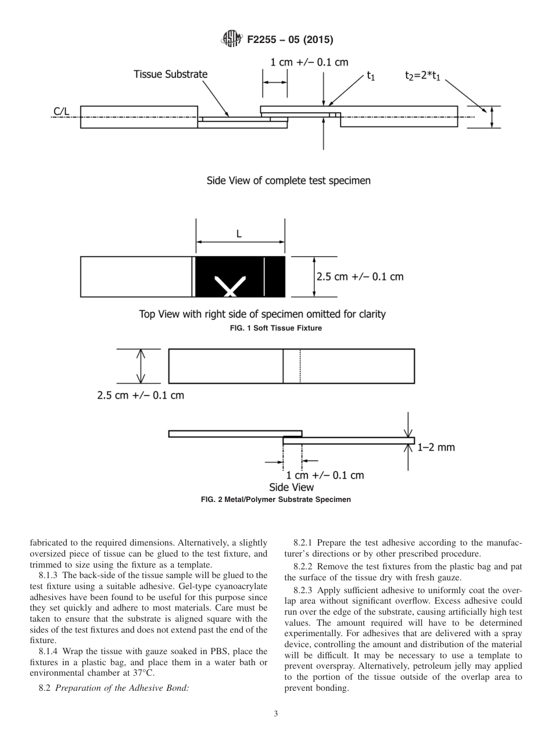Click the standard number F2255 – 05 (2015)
(x=289, y=40)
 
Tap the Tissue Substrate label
(x=170, y=74)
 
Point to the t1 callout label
(x=370, y=76)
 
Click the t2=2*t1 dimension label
(x=424, y=76)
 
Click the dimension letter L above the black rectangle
(x=239, y=235)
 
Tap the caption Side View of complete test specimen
(x=289, y=181)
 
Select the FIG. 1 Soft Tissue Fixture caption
(x=275, y=328)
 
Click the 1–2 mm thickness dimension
(x=436, y=447)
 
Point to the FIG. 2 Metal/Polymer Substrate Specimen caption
(x=275, y=500)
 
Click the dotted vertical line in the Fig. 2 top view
(x=300, y=366)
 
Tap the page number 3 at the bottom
(x=275, y=714)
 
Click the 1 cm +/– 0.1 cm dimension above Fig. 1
(x=309, y=62)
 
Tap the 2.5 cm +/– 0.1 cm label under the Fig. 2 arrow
(x=140, y=396)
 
